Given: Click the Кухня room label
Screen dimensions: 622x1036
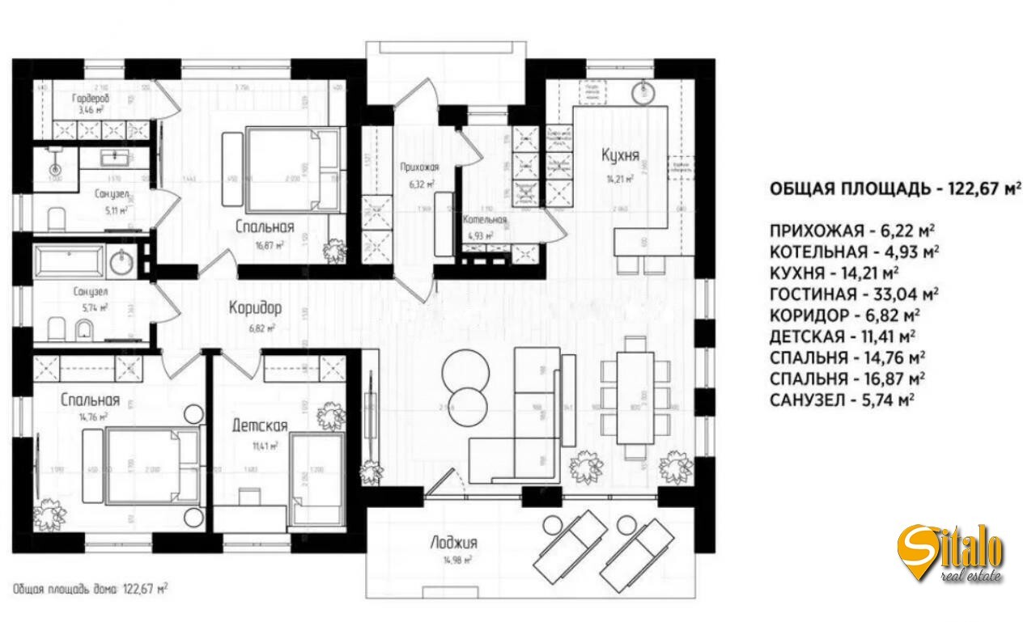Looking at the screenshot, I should tap(621, 155).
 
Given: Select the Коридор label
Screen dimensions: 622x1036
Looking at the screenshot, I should tap(255, 308).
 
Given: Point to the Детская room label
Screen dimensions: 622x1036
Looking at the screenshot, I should tap(260, 425).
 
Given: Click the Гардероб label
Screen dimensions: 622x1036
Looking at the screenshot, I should tap(89, 97).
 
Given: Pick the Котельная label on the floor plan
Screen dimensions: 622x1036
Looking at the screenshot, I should tap(485, 220).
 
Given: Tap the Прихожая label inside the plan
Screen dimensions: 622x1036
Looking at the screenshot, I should tap(419, 167).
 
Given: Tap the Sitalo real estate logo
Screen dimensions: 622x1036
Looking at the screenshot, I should tap(953, 553).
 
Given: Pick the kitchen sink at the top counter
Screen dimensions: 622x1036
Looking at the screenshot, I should tap(645, 90).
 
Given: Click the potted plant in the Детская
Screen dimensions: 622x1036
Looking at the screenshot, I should tap(330, 416).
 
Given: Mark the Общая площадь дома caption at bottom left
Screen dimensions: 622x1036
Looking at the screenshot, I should tap(91, 589).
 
